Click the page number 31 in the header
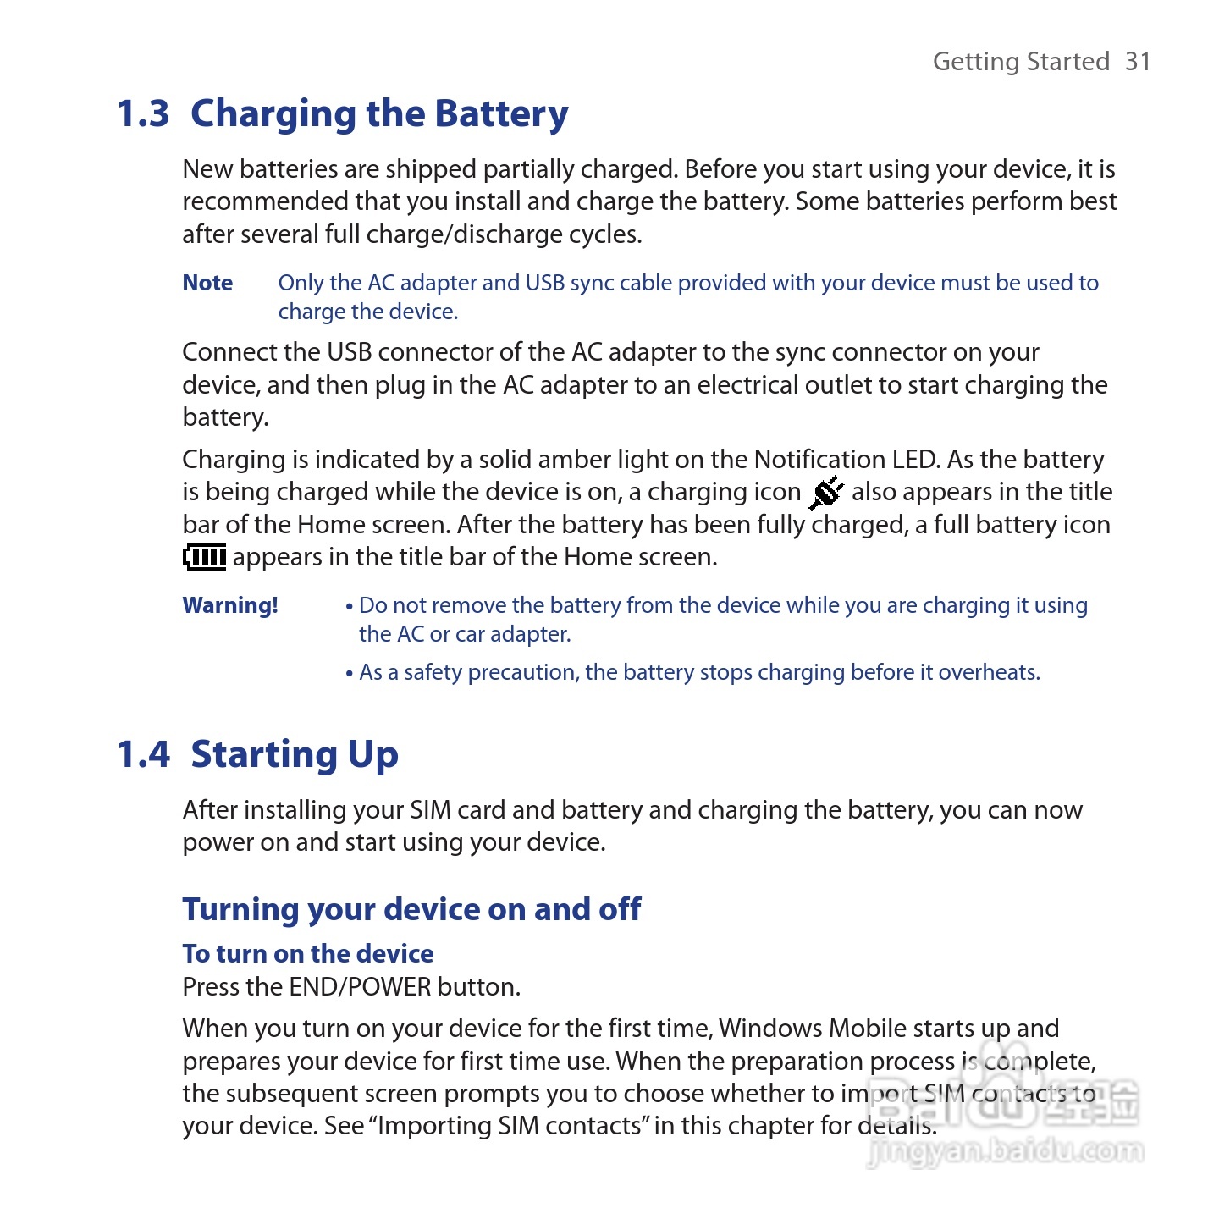[1138, 62]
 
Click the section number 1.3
[144, 114]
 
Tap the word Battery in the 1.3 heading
[501, 115]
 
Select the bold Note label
[207, 283]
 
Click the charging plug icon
[825, 493]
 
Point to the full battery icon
[204, 557]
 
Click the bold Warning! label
[230, 605]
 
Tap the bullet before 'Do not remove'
[349, 607]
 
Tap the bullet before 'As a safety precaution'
[349, 674]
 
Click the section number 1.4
[144, 754]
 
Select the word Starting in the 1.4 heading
[263, 755]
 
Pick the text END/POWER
[360, 987]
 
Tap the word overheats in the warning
[989, 672]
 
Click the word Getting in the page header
[976, 62]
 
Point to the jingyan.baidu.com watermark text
[1006, 1151]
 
